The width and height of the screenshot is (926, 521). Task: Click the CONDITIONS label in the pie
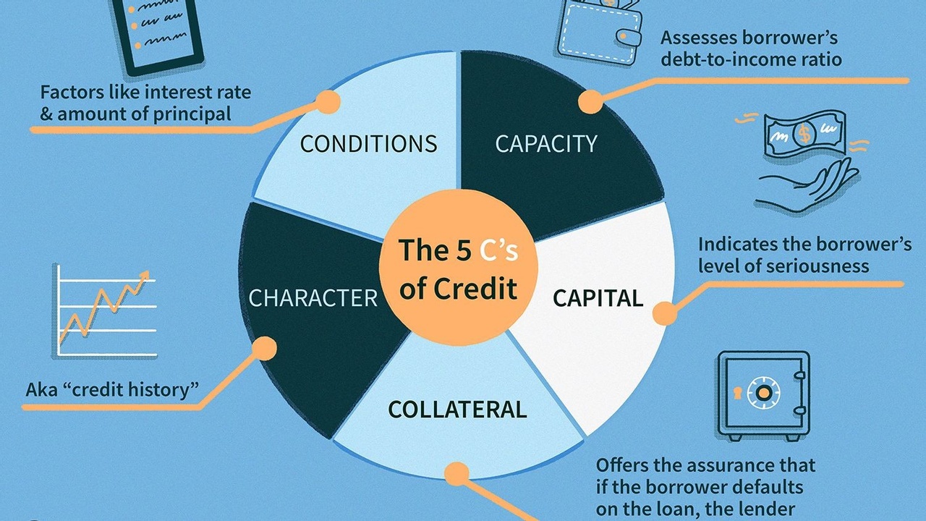pyautogui.click(x=368, y=143)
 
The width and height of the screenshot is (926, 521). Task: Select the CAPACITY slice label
pyautogui.click(x=546, y=143)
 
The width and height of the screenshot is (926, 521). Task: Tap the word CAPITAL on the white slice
pyautogui.click(x=598, y=298)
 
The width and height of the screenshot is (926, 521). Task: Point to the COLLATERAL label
pyautogui.click(x=457, y=410)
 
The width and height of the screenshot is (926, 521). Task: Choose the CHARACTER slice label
pyautogui.click(x=313, y=298)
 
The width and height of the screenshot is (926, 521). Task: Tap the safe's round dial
pyautogui.click(x=763, y=393)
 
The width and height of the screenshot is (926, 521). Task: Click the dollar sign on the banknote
pyautogui.click(x=802, y=133)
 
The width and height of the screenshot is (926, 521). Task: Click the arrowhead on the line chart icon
pyautogui.click(x=144, y=275)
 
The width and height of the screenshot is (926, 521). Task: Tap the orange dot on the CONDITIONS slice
pyautogui.click(x=328, y=102)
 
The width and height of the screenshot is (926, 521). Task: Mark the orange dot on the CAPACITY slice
pyautogui.click(x=592, y=102)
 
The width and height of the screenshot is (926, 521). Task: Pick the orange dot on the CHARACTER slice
pyautogui.click(x=266, y=350)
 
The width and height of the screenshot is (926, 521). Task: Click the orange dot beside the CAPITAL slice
pyautogui.click(x=664, y=313)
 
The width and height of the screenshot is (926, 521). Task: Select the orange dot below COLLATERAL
pyautogui.click(x=456, y=474)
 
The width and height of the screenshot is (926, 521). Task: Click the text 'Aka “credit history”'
pyautogui.click(x=112, y=390)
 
